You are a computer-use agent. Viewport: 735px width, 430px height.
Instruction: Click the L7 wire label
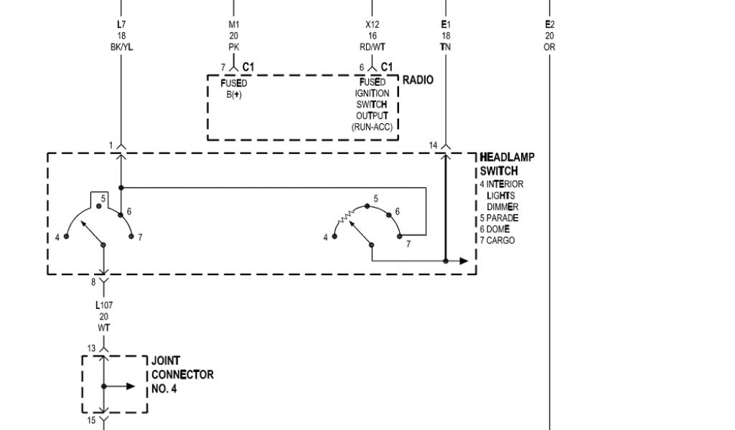coord(121,24)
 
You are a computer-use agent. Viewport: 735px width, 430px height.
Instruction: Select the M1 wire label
coord(233,24)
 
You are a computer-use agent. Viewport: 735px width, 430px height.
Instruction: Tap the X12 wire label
coord(372,24)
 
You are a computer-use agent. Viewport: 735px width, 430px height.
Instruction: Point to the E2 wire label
coord(550,24)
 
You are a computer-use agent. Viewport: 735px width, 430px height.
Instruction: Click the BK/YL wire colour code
coord(121,47)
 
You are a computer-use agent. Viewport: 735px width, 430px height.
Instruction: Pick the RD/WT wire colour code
coord(372,47)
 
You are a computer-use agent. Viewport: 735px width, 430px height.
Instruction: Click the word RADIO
coord(418,80)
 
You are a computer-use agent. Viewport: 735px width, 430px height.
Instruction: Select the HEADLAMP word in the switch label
coord(507,158)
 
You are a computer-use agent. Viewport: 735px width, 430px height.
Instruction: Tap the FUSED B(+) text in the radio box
coord(233,88)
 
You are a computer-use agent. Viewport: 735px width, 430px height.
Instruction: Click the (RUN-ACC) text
coord(371,127)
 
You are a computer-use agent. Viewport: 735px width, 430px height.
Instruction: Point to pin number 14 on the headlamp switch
coord(433,145)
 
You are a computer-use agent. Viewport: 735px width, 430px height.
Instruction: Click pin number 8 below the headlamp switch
coord(93,282)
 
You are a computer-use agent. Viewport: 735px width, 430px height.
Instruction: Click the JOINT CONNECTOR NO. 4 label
coord(182,375)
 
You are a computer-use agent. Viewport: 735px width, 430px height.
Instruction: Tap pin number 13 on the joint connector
coord(92,348)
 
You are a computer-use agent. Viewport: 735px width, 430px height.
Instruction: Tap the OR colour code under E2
coord(550,47)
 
